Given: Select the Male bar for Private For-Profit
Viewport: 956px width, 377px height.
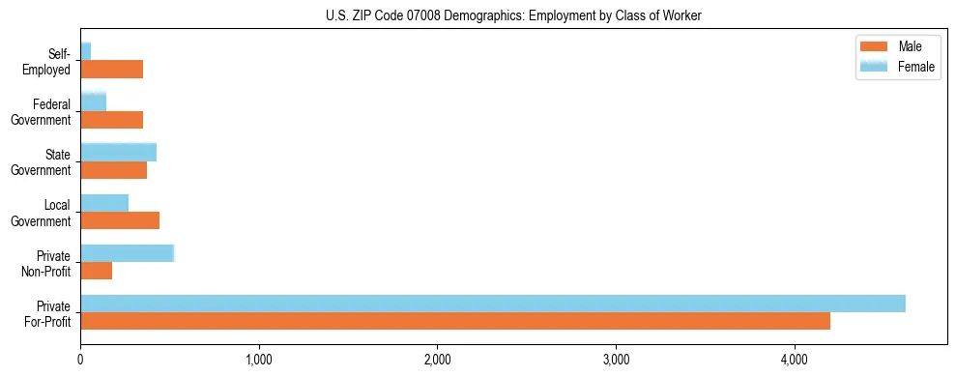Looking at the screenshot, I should [455, 321].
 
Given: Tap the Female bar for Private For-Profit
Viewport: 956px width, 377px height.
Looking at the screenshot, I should [493, 304].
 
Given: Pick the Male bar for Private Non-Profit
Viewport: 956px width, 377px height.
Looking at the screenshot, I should [97, 271].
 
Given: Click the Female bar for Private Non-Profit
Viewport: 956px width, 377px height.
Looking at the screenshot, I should [127, 253].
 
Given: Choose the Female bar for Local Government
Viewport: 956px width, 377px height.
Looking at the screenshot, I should [104, 203].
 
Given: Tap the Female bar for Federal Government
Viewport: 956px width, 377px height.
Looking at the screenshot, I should [94, 102].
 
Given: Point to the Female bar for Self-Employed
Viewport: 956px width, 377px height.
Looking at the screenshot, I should [86, 51].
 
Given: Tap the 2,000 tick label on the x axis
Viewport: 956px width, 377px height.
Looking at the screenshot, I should [437, 360].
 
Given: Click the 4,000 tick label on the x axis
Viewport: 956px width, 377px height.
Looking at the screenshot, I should [794, 360].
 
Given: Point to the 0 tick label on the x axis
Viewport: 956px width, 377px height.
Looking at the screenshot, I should [80, 360].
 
